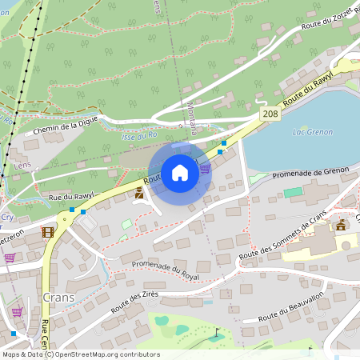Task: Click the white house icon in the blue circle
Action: point(180,173)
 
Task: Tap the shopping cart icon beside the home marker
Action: point(205,168)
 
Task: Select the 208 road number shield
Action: point(270,115)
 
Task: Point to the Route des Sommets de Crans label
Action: point(283,237)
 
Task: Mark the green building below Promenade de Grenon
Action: point(293,193)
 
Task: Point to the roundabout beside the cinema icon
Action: point(64,222)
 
